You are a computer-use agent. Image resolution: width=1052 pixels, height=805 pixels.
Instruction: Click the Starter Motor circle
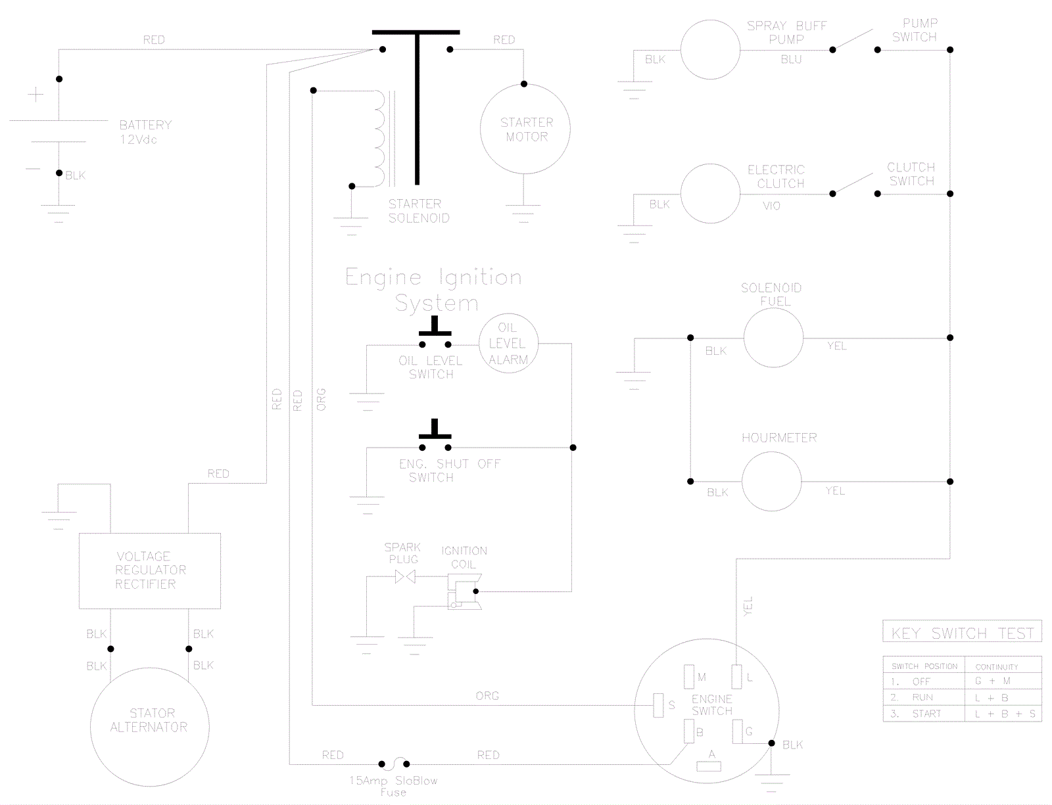(525, 129)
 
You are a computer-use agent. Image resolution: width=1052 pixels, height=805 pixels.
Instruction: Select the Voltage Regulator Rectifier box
(150, 570)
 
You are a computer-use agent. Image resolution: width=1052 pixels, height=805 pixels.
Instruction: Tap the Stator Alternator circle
(149, 720)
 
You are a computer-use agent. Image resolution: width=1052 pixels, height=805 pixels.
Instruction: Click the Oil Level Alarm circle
(508, 344)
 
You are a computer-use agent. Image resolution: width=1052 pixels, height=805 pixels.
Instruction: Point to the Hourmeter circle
(772, 482)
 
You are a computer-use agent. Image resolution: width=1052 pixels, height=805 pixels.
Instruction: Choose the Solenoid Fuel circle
(773, 338)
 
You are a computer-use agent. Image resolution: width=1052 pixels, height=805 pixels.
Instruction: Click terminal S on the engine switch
(659, 705)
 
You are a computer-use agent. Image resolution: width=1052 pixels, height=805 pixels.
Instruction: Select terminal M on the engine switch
(689, 677)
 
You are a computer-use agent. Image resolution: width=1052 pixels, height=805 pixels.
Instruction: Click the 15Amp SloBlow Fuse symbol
(394, 764)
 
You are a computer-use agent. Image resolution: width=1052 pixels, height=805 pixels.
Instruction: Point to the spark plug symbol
(405, 577)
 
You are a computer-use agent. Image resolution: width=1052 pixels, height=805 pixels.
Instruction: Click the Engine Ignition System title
(434, 290)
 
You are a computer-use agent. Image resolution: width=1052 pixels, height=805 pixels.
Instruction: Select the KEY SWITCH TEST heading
(962, 633)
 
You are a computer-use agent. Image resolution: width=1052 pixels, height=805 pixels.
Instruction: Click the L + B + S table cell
(1003, 714)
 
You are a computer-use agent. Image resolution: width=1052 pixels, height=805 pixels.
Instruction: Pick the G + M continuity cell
(992, 681)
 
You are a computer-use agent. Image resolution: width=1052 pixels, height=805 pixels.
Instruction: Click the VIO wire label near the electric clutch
(771, 206)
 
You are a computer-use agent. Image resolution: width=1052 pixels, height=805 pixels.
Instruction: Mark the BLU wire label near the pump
(791, 59)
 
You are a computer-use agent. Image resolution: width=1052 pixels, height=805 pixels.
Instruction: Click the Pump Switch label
(915, 30)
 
